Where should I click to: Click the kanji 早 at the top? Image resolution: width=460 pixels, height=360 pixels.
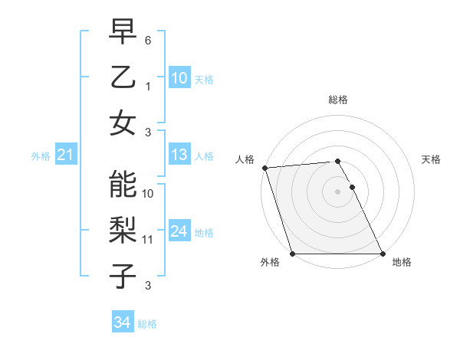point(122,33)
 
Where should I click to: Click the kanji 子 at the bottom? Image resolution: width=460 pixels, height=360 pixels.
point(122,276)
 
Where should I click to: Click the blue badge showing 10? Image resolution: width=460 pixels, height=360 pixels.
point(179,78)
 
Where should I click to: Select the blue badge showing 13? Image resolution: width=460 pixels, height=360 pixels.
point(179,155)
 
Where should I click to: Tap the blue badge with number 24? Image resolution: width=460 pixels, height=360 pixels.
point(179,231)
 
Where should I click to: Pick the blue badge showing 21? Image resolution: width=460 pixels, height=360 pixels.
point(65,155)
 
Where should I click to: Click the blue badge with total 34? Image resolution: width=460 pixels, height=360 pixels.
point(122,322)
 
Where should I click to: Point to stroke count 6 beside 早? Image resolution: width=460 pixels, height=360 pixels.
point(148,39)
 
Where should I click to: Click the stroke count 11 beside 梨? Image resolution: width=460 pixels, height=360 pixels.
point(148,240)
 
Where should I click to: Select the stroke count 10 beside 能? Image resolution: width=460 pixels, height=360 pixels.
point(148,194)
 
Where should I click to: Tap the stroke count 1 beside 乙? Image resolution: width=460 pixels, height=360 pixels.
point(148,87)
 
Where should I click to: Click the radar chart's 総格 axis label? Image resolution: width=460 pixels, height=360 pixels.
point(338,100)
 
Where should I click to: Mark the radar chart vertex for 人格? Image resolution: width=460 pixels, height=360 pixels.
point(264,168)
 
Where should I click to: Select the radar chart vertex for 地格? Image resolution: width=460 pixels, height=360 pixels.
point(383,254)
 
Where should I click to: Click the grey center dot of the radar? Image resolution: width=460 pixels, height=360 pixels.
point(338,191)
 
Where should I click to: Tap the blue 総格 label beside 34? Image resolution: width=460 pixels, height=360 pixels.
point(147,324)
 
